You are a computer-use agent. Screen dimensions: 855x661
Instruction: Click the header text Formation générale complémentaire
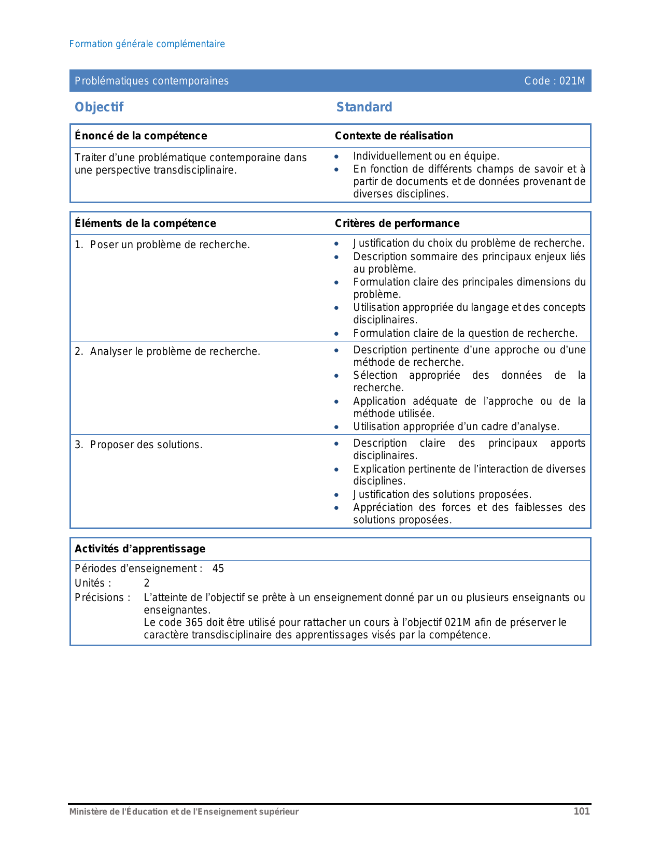147,44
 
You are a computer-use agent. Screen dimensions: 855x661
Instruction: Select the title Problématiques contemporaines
151,81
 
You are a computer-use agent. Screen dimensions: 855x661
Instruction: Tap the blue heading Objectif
99,107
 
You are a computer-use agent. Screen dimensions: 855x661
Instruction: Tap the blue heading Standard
364,107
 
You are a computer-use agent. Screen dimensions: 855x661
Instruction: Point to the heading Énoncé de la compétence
140,136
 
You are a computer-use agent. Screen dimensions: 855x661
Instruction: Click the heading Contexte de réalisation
393,136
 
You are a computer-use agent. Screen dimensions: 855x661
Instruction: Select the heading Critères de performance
397,223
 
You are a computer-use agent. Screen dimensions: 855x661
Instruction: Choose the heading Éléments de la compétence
145,223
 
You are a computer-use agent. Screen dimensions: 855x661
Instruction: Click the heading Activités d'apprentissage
139,549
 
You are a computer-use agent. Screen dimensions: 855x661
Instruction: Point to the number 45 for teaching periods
218,568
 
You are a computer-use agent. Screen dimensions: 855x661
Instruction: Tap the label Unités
93,583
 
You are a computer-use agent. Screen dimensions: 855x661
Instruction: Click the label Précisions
102,597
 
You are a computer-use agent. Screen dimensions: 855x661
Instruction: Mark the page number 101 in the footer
581,811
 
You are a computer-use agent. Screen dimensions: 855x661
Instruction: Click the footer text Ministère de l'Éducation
184,811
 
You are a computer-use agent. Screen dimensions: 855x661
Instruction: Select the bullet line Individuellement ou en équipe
426,156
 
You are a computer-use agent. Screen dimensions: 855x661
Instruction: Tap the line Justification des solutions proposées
442,494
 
